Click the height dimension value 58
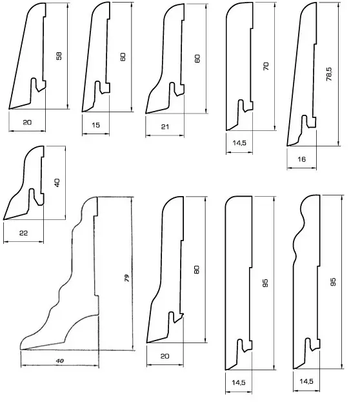(59, 56)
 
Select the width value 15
(95, 125)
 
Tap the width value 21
(165, 127)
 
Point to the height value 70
(266, 66)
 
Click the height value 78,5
(329, 74)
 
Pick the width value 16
(301, 159)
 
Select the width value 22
(23, 233)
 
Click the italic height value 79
(126, 278)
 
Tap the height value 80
(197, 270)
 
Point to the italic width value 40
(60, 361)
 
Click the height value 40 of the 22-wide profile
(57, 183)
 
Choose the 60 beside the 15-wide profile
(123, 57)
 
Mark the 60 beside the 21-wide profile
(197, 59)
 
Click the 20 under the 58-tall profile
(27, 123)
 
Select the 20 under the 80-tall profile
(165, 356)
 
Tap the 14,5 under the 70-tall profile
(239, 143)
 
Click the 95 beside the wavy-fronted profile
(333, 282)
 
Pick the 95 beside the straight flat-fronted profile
(265, 283)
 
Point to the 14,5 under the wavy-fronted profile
(306, 381)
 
